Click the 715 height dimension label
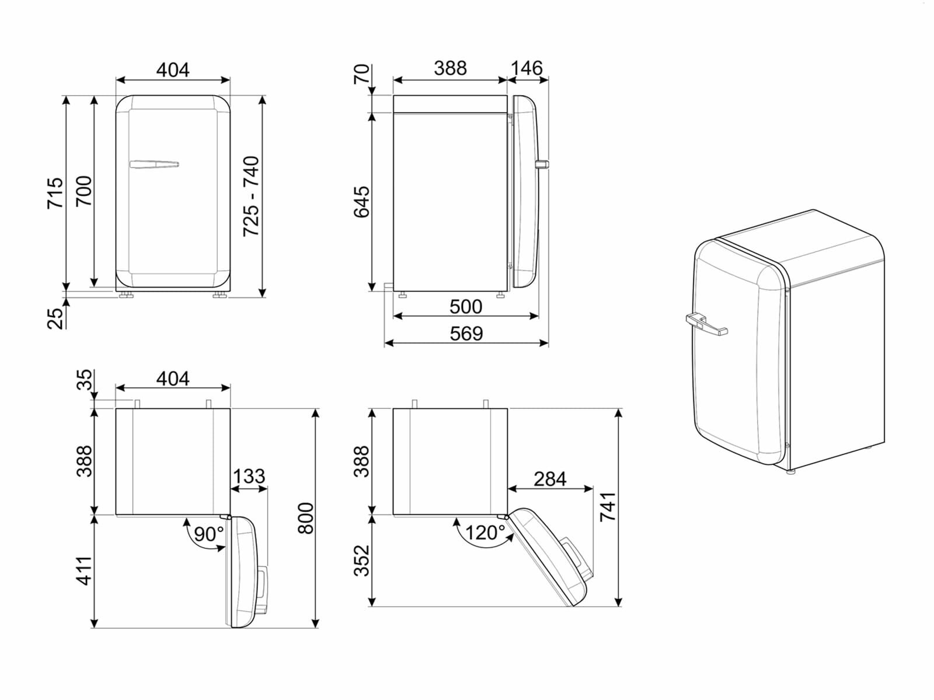click(55, 193)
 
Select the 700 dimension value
click(84, 191)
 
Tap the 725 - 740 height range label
click(251, 196)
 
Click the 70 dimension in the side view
click(362, 74)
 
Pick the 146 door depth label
click(527, 68)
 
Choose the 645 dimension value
click(362, 202)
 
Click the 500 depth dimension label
click(466, 306)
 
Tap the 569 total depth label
click(466, 334)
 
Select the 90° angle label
click(208, 534)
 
